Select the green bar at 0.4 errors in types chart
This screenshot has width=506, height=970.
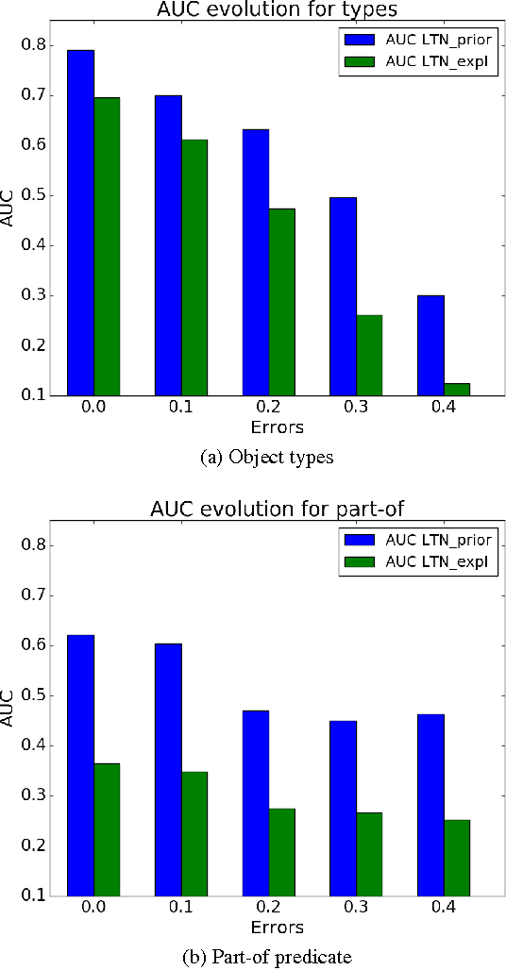pos(457,389)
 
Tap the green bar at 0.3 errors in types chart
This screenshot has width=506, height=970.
pos(369,355)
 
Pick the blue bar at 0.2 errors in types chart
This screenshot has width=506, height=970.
pos(256,262)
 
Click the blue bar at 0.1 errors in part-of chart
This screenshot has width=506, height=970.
pos(168,769)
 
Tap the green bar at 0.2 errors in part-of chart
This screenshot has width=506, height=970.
pos(281,852)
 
